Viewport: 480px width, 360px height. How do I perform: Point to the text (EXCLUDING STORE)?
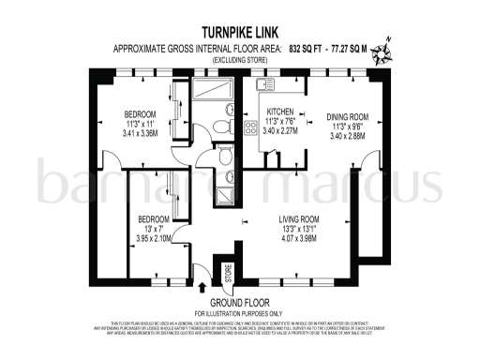tap(240, 59)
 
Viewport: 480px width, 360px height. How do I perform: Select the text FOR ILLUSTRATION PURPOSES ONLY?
tap(240, 312)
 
